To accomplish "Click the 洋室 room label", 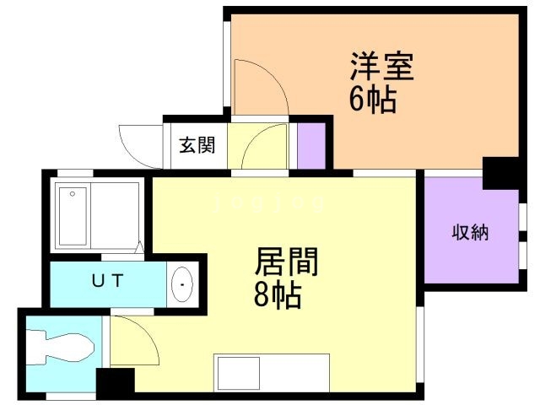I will click(382, 67).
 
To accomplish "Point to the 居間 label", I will click(286, 263).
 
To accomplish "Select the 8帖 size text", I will click(278, 295).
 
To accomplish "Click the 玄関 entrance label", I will click(196, 144).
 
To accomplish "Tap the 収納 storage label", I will click(470, 232).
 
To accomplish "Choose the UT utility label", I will click(107, 281).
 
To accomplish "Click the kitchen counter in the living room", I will click(271, 372).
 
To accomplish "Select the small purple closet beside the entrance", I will click(310, 144).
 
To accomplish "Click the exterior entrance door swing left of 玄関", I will click(140, 139).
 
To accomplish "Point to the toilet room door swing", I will click(133, 340).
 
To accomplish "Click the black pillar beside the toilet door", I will click(115, 382).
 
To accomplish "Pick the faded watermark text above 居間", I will click(270, 202).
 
